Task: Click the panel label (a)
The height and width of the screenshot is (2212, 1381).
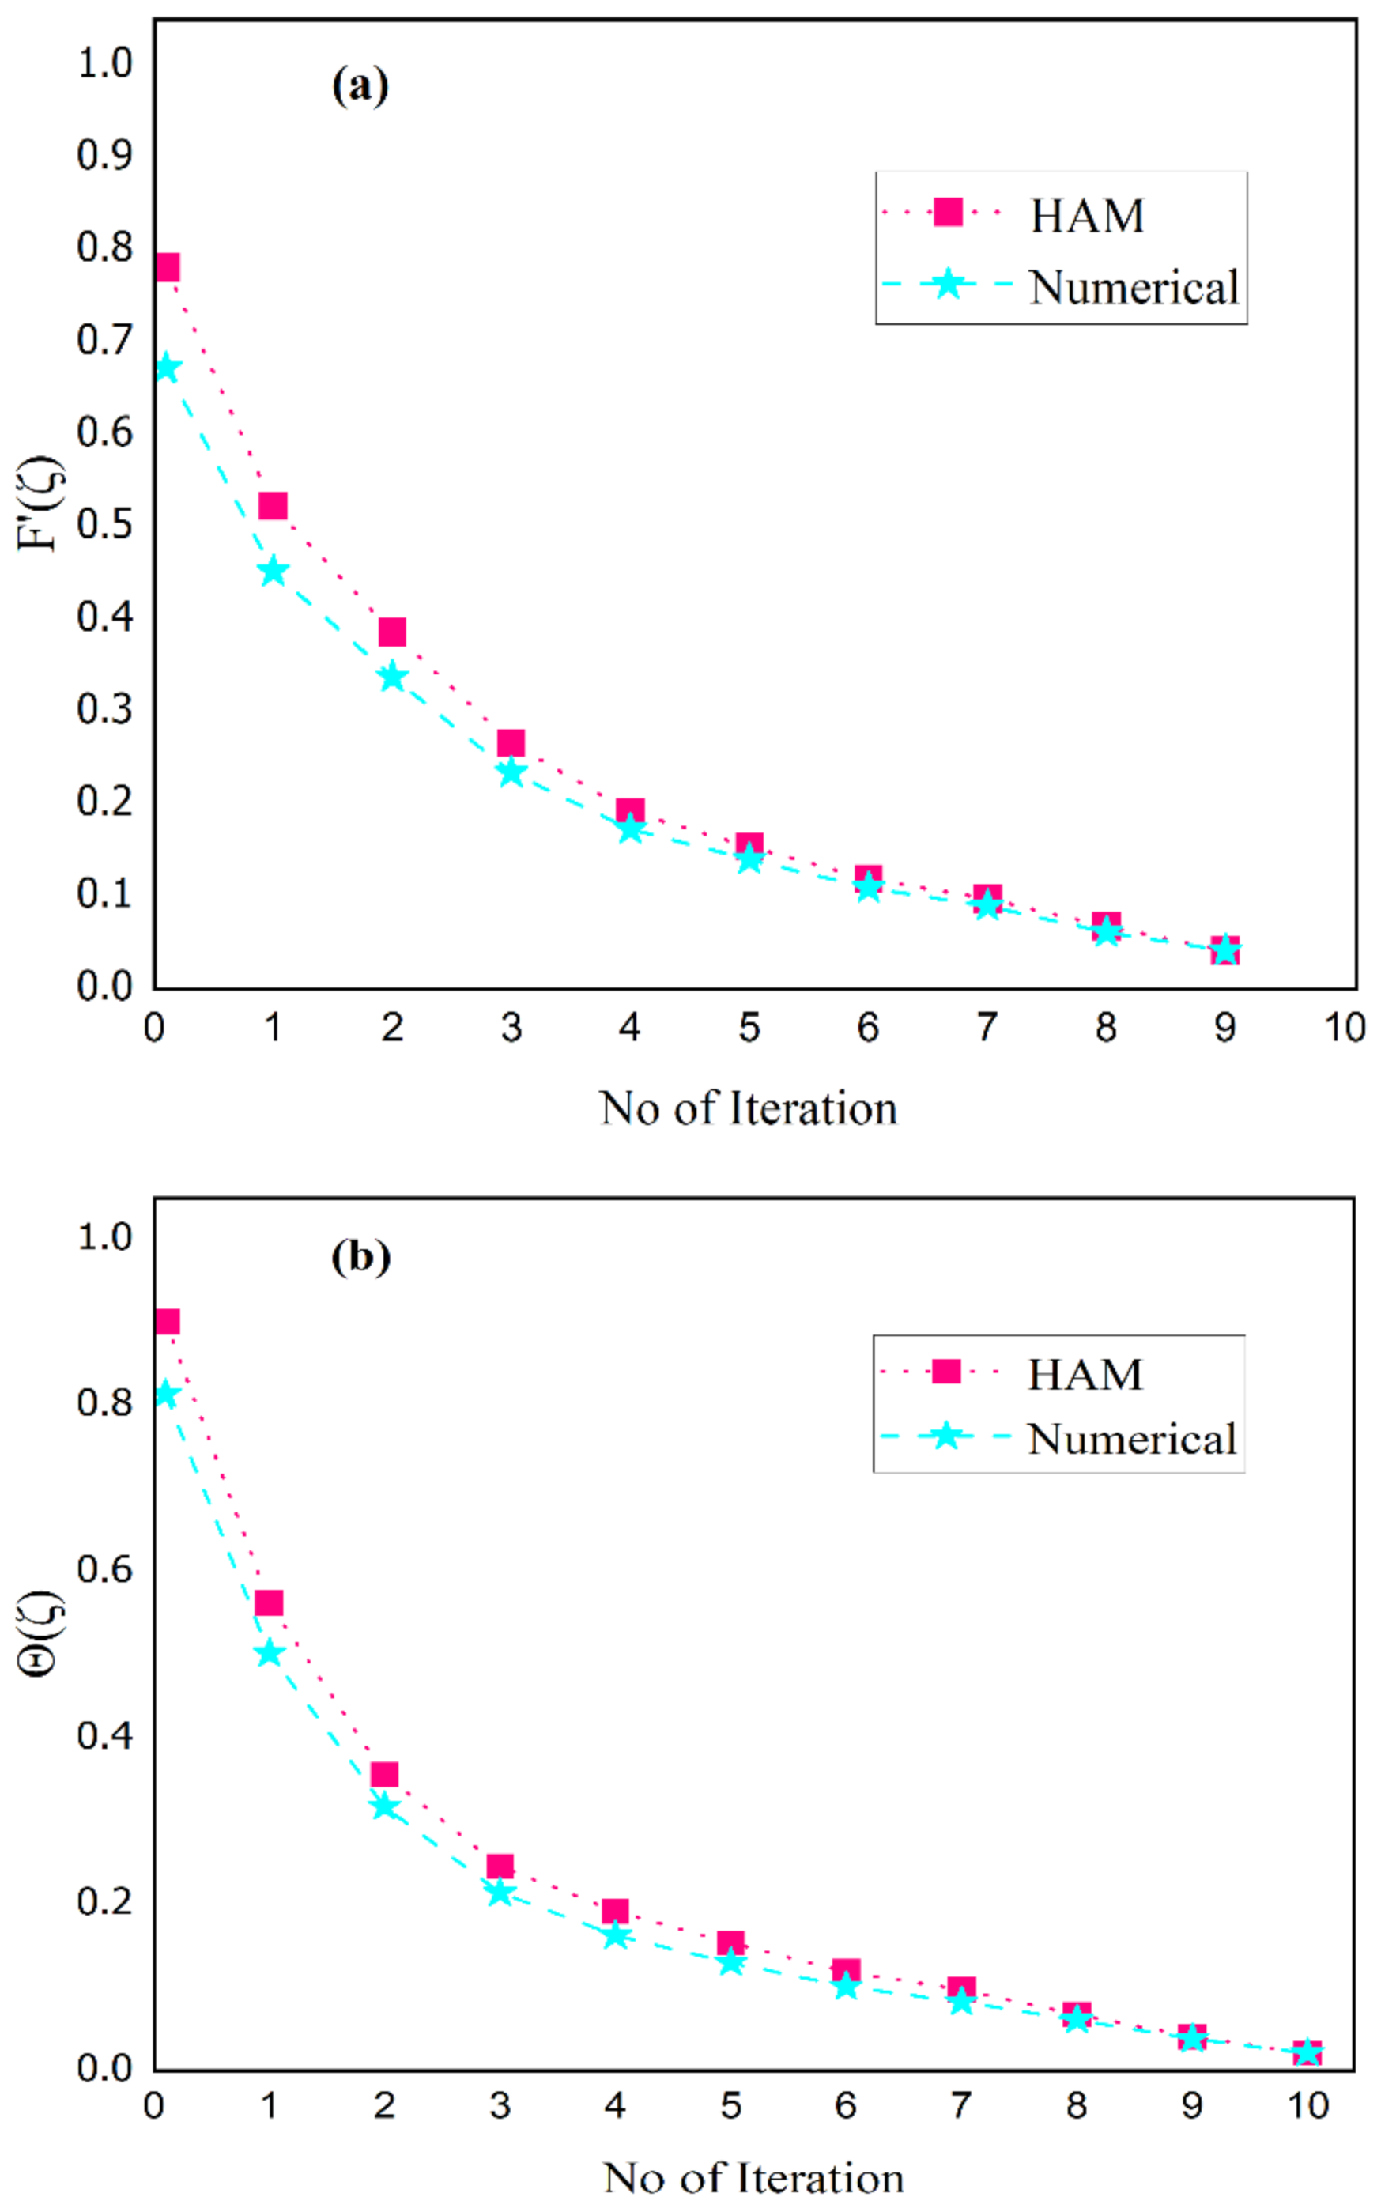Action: pyautogui.click(x=360, y=86)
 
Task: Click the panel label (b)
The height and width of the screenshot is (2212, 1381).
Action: pyautogui.click(x=360, y=1257)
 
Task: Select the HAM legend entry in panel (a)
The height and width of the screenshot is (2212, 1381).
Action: pyautogui.click(x=1086, y=217)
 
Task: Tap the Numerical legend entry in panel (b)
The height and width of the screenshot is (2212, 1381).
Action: pyautogui.click(x=1130, y=1439)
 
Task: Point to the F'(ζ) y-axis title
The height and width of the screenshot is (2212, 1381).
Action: pyautogui.click(x=40, y=504)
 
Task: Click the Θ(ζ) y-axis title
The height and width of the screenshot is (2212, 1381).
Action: pyautogui.click(x=40, y=1632)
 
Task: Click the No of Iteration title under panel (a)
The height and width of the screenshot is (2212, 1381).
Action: pyautogui.click(x=748, y=1108)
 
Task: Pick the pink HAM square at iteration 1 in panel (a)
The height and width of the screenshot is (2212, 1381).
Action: pyautogui.click(x=273, y=505)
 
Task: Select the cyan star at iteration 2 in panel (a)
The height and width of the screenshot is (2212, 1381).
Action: pyautogui.click(x=392, y=677)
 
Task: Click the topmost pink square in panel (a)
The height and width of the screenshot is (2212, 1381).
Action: pyautogui.click(x=166, y=267)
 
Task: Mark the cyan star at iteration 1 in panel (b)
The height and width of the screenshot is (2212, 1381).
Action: pyautogui.click(x=269, y=1653)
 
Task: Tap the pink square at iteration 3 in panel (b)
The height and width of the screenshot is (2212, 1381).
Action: pyautogui.click(x=500, y=1866)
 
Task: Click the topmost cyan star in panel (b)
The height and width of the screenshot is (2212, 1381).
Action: pyautogui.click(x=165, y=1395)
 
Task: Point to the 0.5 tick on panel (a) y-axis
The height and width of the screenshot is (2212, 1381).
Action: pyautogui.click(x=104, y=523)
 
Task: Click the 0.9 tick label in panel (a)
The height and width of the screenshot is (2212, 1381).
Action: pyautogui.click(x=104, y=155)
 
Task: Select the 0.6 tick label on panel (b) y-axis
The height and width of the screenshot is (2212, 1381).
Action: pyautogui.click(x=104, y=1568)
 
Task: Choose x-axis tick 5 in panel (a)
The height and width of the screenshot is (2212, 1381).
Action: pyautogui.click(x=749, y=1029)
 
